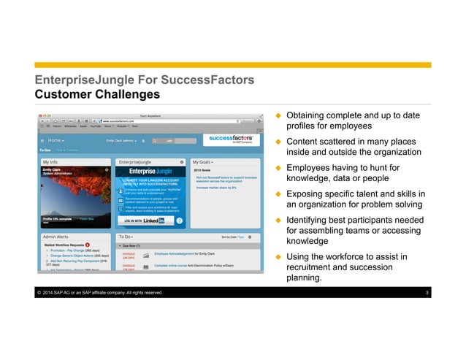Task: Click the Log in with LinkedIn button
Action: coord(144,220)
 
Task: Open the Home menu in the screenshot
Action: coord(56,139)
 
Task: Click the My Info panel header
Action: coord(53,161)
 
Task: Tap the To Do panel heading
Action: coord(125,237)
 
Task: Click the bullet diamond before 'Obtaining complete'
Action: coord(278,116)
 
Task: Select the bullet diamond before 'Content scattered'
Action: coord(278,141)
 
